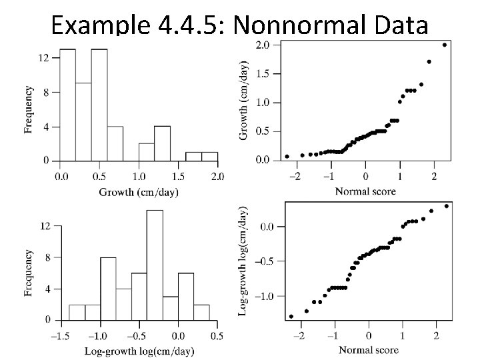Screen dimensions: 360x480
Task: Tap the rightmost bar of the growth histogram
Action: pos(209,157)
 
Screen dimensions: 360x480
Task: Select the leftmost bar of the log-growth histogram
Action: pos(77,312)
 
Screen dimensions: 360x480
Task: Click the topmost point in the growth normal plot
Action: pos(445,45)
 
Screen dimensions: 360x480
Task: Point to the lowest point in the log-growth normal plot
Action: pos(291,317)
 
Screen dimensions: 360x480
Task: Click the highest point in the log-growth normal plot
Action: pos(446,206)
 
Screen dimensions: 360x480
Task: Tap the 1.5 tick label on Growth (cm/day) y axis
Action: pos(263,74)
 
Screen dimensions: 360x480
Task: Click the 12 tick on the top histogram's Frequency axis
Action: pos(43,58)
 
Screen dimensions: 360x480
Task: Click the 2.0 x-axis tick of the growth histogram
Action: pos(217,177)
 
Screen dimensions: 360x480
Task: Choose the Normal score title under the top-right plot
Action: pos(366,191)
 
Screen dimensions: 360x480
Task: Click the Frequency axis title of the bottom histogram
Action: pos(29,273)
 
